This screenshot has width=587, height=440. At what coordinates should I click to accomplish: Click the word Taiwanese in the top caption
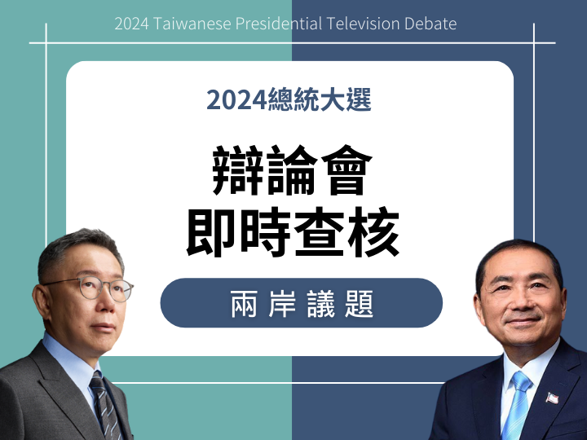tap(192, 24)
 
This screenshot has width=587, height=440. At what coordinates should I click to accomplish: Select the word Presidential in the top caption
tap(279, 24)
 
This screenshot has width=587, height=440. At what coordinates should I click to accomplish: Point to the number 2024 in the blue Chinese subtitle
tap(236, 100)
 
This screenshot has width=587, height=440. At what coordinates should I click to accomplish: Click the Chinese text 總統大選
tap(320, 99)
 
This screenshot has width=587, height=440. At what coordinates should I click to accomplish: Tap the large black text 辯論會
tap(293, 170)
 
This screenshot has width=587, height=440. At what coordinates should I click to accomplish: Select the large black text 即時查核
tap(293, 231)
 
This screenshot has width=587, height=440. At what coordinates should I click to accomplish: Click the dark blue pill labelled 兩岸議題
tap(302, 302)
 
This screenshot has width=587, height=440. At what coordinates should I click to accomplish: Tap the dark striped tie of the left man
tap(106, 406)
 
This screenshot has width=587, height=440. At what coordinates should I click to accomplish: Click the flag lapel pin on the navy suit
tap(552, 398)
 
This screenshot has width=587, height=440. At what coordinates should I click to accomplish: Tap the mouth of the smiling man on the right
tap(523, 321)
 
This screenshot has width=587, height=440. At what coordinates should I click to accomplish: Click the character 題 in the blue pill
tap(359, 303)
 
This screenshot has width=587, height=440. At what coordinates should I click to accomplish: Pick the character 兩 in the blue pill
tap(244, 303)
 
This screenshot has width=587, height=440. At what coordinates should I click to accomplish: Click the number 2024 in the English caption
tap(132, 24)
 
